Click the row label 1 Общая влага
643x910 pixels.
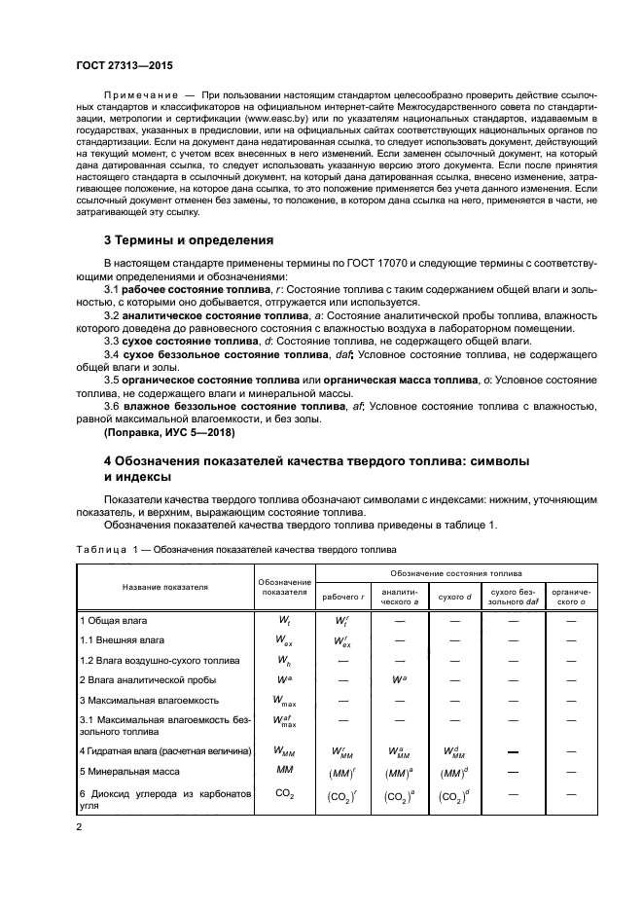(x=112, y=619)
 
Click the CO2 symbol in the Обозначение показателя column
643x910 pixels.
(x=285, y=795)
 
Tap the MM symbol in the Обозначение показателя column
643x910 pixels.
(x=285, y=770)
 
